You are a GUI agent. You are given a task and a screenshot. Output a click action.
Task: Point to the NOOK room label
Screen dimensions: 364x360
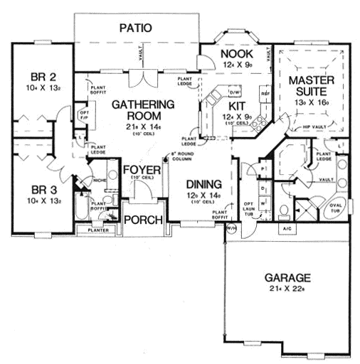coord(232,54)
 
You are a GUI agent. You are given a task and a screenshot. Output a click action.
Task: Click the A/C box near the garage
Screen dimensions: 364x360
coord(287,229)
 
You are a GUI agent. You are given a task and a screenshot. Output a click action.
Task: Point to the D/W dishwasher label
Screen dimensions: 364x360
coord(235,92)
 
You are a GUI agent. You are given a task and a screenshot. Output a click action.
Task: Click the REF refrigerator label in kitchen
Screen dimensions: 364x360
coord(265,94)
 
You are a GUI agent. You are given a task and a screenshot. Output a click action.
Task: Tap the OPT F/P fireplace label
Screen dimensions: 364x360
coord(83,115)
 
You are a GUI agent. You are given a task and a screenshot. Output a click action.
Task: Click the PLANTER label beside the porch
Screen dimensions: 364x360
coord(97,230)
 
